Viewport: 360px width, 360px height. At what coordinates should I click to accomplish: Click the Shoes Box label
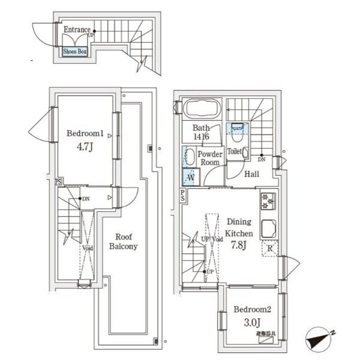(x=75, y=51)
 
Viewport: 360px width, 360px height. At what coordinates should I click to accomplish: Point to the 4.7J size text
(x=84, y=147)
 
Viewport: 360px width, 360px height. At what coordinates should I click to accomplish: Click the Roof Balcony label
(x=123, y=241)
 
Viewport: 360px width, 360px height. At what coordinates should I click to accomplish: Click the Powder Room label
(x=209, y=158)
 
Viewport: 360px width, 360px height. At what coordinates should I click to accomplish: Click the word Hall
(x=251, y=174)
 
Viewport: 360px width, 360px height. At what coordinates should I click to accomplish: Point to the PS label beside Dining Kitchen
(x=182, y=196)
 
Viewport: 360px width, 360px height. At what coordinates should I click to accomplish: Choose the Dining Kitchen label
(x=238, y=227)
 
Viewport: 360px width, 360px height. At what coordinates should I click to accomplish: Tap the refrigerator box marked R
(x=270, y=248)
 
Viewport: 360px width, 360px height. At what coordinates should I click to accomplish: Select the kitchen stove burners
(x=267, y=201)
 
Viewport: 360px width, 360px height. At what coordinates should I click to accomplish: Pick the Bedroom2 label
(x=253, y=309)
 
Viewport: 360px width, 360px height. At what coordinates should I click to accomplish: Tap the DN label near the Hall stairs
(x=262, y=160)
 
